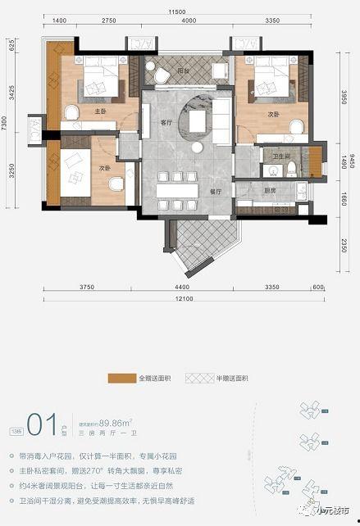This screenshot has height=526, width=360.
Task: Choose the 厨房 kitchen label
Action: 269,190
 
